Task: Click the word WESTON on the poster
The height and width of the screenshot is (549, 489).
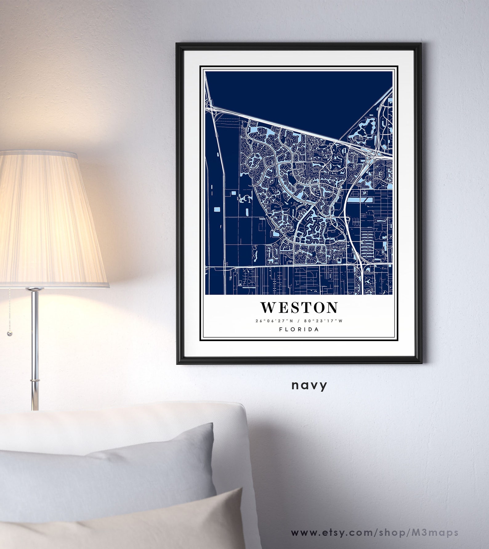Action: point(299,307)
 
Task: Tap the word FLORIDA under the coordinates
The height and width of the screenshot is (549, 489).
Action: point(299,329)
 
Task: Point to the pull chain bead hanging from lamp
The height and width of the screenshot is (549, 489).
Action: point(10,334)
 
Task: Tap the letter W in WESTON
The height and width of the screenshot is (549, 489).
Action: point(268,307)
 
